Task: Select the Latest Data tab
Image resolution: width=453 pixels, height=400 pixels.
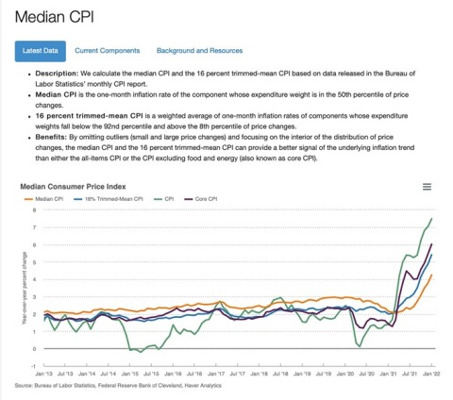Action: coord(40,50)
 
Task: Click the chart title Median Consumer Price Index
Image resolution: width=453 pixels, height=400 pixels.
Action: coord(82,187)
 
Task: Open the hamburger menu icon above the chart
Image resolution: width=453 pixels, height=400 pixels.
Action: coord(427,187)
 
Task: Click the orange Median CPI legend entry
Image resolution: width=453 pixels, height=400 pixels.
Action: coord(44,200)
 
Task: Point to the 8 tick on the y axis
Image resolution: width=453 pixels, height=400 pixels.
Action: coord(35,209)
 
